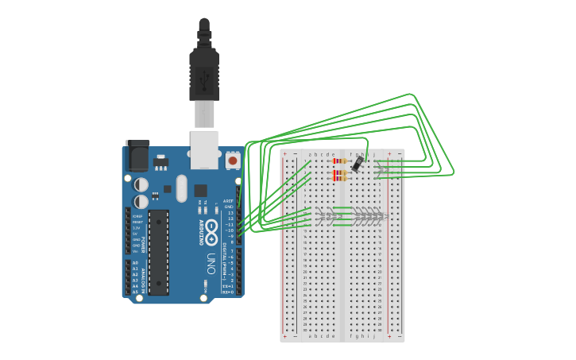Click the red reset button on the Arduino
(x=233, y=161)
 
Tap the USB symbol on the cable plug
(x=204, y=79)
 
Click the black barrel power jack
(x=137, y=156)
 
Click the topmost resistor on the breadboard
(x=340, y=161)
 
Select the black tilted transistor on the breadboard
(x=358, y=164)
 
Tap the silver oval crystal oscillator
(x=182, y=188)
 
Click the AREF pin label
(x=228, y=201)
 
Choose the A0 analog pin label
(x=135, y=263)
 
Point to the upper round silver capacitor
(x=141, y=184)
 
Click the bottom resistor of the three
(x=340, y=179)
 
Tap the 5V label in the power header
(x=137, y=234)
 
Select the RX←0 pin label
(x=228, y=291)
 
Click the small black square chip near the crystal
(x=200, y=191)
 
